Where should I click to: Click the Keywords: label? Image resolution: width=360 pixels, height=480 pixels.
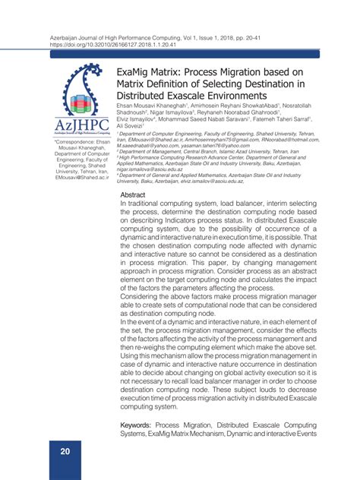pos(142,424)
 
